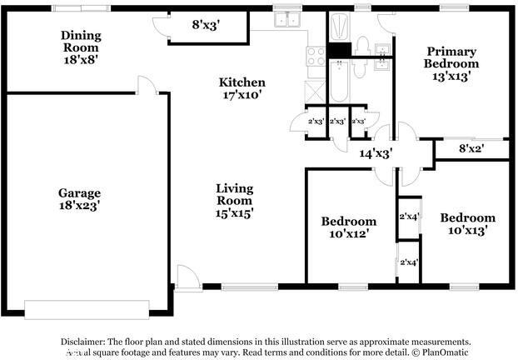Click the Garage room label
(79, 192)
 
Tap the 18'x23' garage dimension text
(79, 204)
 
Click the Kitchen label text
(242, 82)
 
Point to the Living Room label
(234, 194)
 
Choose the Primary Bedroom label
(451, 57)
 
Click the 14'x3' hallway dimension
(376, 153)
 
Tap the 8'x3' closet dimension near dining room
(207, 25)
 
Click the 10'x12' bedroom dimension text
(349, 234)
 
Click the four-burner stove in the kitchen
(316, 56)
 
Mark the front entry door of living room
(188, 278)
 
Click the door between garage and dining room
(148, 84)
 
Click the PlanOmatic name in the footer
(446, 352)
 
